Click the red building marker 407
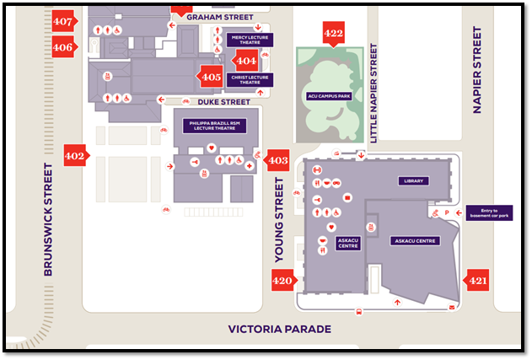(62, 21)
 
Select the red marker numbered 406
(62, 47)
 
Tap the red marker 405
(211, 77)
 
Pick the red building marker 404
(246, 61)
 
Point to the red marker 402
(75, 155)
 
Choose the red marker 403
(277, 159)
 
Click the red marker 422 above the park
(334, 34)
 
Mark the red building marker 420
(282, 281)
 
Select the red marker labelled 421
(478, 280)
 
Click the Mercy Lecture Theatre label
(250, 40)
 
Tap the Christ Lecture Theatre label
(250, 80)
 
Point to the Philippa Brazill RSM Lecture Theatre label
(215, 126)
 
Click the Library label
(413, 180)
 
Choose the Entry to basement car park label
(489, 212)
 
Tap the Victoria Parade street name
(280, 329)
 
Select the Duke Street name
(223, 102)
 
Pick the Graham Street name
(220, 16)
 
